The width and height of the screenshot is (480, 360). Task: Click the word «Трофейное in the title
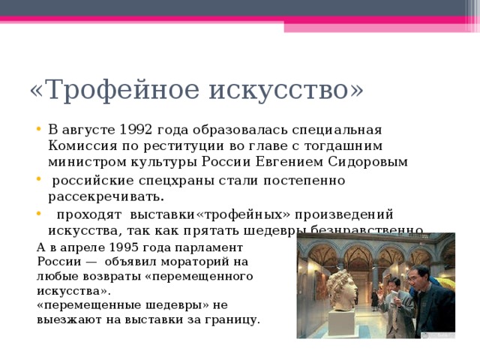113,89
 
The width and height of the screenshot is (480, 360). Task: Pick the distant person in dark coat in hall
374,298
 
